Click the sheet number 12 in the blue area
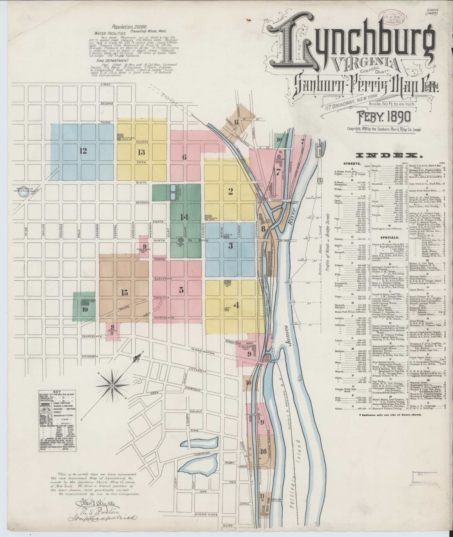click(x=83, y=151)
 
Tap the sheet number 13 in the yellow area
click(x=141, y=152)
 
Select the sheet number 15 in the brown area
click(x=125, y=292)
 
